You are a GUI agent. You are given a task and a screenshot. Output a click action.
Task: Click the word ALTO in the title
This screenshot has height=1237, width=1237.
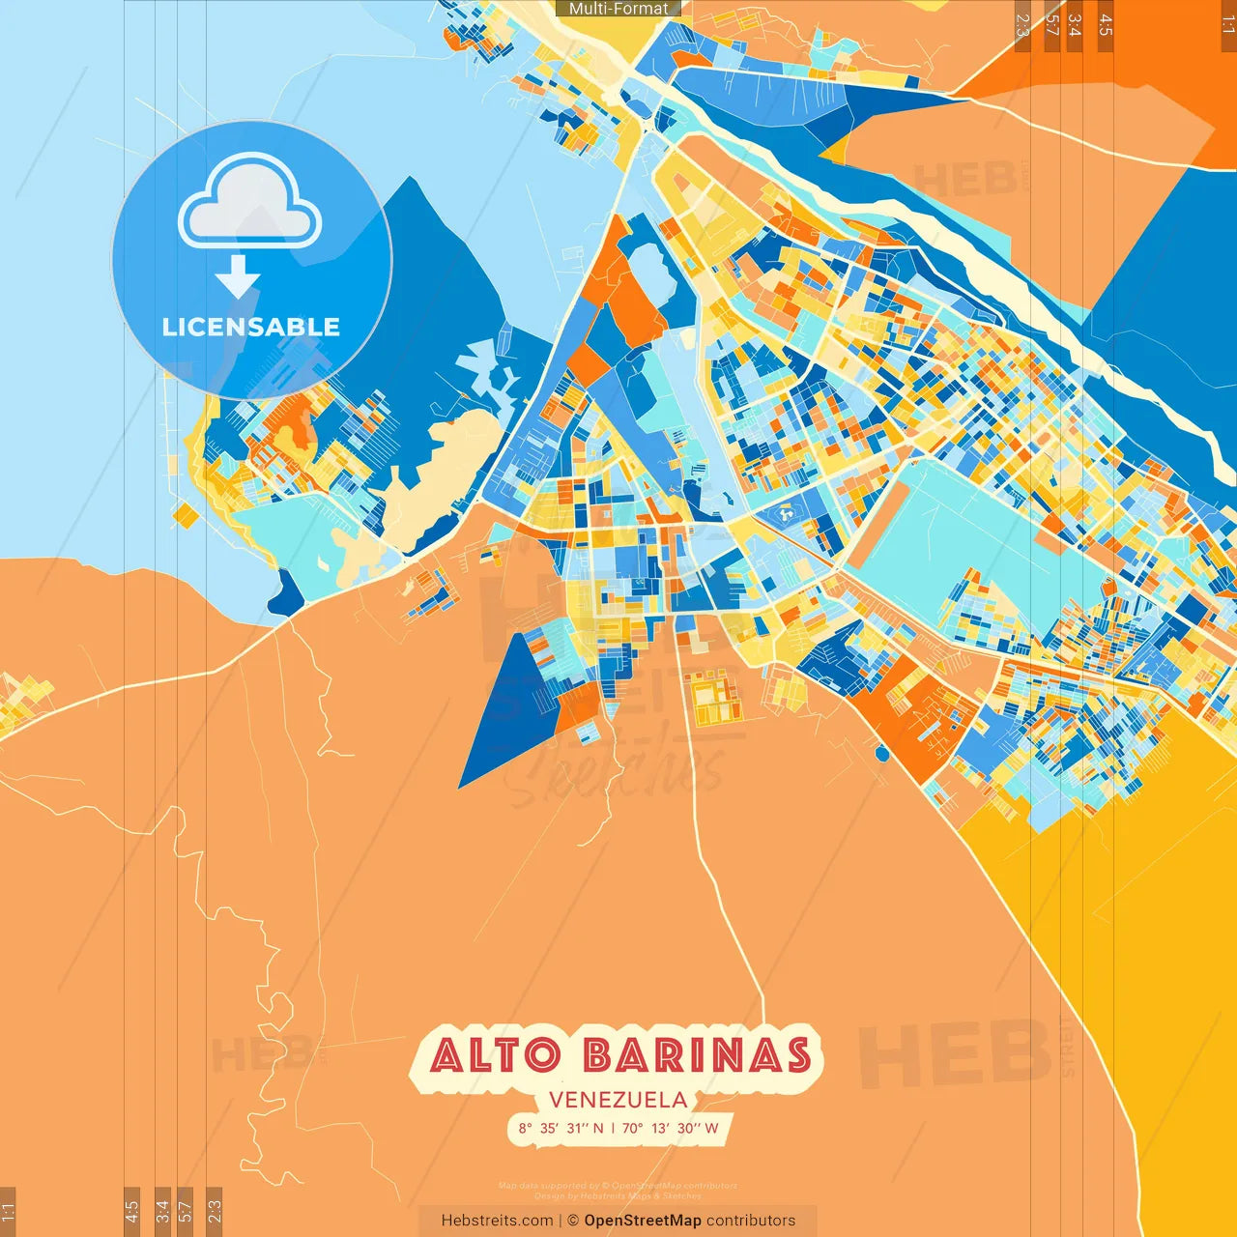494,1055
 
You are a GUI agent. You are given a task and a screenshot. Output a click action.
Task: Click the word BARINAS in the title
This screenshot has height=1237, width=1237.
697,1055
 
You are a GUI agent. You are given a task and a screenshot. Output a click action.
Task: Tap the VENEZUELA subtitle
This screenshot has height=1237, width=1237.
618,1100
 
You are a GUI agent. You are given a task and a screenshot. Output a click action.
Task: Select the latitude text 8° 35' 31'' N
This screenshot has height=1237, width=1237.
561,1128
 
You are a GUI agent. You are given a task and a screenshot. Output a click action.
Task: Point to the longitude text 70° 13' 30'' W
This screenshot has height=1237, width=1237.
670,1128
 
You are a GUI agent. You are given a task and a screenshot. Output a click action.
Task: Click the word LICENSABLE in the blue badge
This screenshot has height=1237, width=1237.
251,327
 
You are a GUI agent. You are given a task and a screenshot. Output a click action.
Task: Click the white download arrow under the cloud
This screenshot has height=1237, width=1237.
238,276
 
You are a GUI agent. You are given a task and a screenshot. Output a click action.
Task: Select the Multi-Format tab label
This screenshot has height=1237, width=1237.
618,9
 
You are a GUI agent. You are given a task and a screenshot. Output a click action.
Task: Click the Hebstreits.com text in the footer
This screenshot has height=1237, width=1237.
497,1221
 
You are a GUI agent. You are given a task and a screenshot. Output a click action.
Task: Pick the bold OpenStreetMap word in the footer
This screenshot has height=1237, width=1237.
643,1221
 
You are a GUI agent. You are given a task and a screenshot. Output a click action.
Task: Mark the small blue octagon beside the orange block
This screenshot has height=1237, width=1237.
881,753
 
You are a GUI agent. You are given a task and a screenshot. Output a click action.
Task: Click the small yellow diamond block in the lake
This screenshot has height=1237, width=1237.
186,516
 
